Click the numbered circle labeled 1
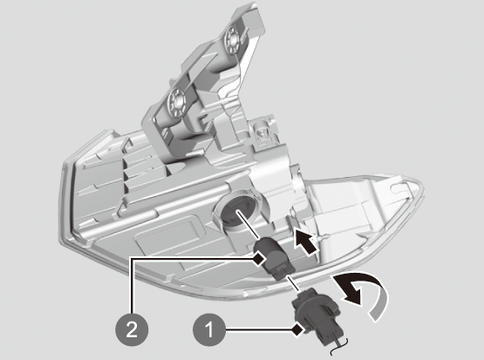(209, 329)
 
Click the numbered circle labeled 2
(132, 329)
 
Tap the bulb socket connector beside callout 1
(320, 318)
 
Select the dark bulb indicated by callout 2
(273, 259)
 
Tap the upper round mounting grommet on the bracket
(232, 38)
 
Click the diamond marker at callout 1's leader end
(298, 330)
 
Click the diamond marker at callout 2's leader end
(259, 258)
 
